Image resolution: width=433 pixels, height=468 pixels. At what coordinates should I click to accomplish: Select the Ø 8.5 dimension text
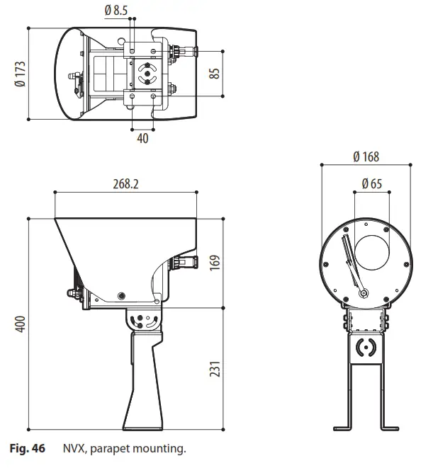pos(116,11)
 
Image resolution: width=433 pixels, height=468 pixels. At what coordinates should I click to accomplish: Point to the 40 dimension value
pos(142,139)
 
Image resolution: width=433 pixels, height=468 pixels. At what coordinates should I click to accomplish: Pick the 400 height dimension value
pos(21,325)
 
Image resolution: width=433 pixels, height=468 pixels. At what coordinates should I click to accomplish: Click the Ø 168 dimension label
pos(366,157)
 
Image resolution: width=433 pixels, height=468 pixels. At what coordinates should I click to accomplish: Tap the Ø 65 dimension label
pos(371,183)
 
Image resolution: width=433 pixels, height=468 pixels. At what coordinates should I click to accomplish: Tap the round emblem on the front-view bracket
pos(366,347)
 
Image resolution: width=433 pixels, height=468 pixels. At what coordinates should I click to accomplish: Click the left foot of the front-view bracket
pos(343,427)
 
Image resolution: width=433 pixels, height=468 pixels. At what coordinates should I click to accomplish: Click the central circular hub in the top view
pos(147,73)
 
